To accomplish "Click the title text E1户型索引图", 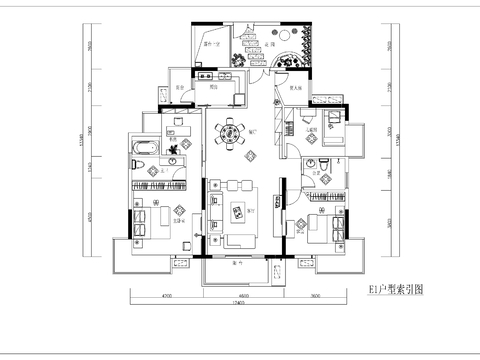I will [x=396, y=290].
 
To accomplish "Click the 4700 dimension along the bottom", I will [x=167, y=296].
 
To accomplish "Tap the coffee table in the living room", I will [x=238, y=209].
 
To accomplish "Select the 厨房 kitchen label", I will [x=212, y=88].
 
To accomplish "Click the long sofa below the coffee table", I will [x=238, y=240].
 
